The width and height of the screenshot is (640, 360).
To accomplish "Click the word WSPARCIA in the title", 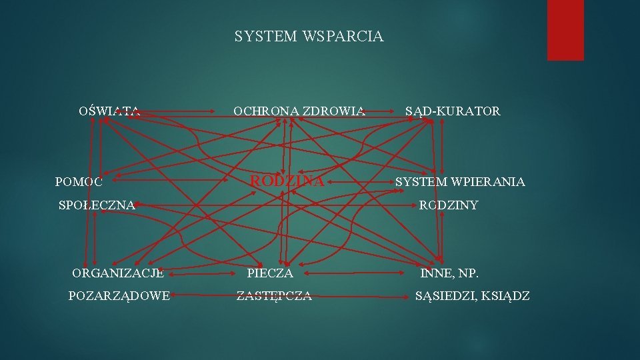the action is tap(343, 37).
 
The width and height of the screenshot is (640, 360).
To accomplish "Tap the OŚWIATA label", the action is tap(109, 111).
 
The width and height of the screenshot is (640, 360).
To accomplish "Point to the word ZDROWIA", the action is tap(334, 111).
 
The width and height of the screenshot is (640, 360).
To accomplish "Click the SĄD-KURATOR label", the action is tap(453, 111).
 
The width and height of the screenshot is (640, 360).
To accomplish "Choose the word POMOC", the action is tap(79, 181).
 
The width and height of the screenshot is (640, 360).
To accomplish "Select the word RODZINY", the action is tap(448, 205).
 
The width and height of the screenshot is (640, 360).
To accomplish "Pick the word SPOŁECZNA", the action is tap(97, 205).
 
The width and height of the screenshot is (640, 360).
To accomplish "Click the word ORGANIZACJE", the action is tap(118, 273).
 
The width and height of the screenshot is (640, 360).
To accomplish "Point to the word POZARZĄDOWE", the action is tap(119, 296).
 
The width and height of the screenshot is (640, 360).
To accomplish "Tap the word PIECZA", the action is tap(269, 273).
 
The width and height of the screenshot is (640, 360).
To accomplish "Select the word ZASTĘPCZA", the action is tap(274, 296).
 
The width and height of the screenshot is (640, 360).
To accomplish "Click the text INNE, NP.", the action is tap(449, 273).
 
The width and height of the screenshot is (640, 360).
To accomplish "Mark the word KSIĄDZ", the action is tap(508, 296).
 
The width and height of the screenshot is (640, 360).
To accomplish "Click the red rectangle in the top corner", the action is tap(565, 30).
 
